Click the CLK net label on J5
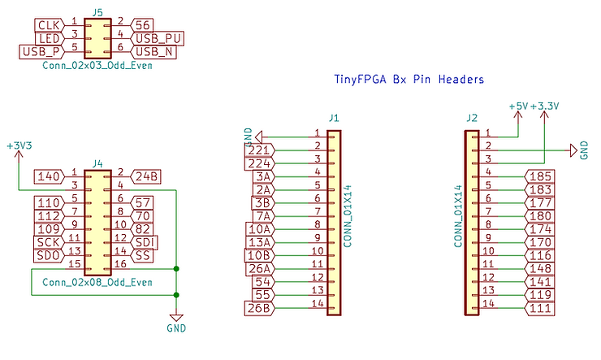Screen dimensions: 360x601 point(46,24)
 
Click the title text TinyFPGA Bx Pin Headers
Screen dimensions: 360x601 point(409,80)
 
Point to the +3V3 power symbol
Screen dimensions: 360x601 point(19,146)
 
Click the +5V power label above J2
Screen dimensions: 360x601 point(517,106)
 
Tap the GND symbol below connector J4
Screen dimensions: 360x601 point(176,323)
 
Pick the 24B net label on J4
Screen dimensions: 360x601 point(147,176)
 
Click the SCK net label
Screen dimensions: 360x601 point(46,242)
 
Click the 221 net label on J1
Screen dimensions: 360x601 point(260,150)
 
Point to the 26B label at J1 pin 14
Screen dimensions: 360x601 point(261,307)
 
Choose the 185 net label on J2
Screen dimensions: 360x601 point(539,176)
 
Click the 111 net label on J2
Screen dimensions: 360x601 point(539,307)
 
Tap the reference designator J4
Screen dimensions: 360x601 point(97,163)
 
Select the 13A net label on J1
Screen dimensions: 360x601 point(261,242)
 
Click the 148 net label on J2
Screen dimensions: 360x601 point(539,268)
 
